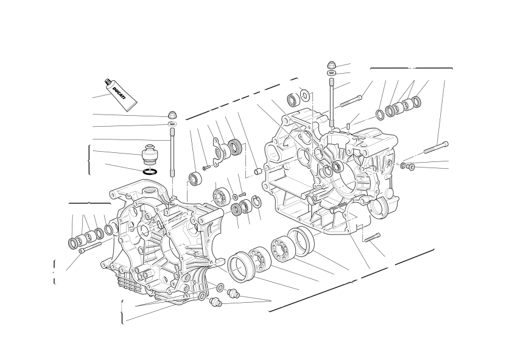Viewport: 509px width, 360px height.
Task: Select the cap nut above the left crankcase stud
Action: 172,115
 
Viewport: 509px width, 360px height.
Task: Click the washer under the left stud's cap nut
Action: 173,124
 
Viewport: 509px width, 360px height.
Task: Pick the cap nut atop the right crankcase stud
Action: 331,65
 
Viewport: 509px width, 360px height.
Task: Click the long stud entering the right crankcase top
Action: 331,103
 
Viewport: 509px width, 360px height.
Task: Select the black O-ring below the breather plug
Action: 150,172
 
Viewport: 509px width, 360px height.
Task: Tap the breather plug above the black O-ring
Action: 150,155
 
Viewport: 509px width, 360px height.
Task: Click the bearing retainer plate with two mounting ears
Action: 219,150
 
